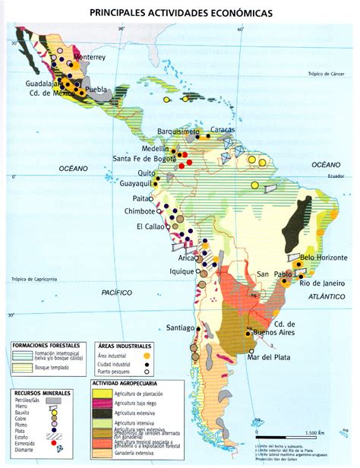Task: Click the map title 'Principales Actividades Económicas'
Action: tap(179, 13)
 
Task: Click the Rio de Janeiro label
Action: tap(323, 283)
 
